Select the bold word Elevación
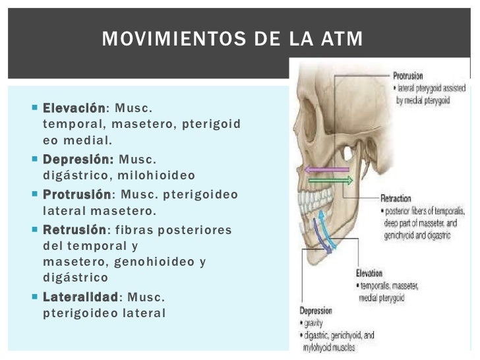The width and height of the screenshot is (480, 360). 74,108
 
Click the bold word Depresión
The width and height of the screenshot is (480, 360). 78,160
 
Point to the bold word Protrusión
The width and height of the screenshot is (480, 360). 76,195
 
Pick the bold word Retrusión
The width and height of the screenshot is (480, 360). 74,230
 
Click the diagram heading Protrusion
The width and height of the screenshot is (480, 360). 408,75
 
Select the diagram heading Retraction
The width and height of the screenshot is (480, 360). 396,198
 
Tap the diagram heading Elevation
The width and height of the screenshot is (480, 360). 369,273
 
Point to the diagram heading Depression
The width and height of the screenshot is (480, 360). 316,311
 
